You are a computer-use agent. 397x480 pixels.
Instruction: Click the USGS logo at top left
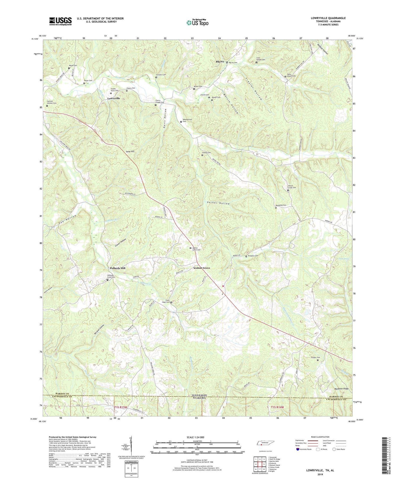tap(60, 21)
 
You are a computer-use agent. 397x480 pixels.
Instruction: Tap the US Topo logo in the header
tap(197, 23)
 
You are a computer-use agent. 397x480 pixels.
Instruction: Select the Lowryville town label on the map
tap(114, 98)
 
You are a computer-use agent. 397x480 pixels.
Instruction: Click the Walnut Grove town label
tap(201, 268)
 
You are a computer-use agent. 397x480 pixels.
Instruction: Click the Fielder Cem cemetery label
tap(314, 358)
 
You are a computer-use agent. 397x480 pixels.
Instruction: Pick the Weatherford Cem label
tap(187, 120)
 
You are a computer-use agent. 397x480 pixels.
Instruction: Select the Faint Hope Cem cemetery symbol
tap(171, 302)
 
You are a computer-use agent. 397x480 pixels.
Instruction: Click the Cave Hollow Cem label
tap(261, 60)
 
